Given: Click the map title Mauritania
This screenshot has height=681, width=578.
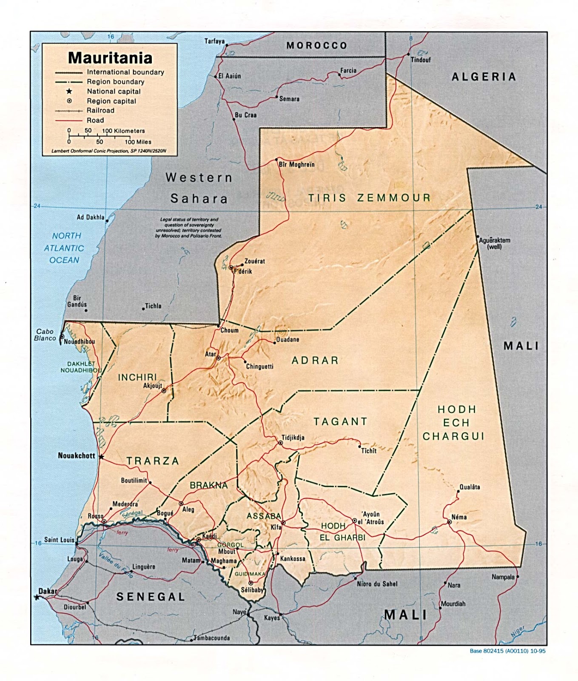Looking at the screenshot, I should point(110,58).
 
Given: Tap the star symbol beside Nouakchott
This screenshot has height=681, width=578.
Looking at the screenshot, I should point(101,457).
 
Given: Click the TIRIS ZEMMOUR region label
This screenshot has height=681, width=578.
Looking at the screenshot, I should point(369,198).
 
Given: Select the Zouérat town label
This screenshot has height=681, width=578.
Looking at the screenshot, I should point(254,261).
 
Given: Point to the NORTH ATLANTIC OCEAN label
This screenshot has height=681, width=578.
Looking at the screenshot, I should point(64,248).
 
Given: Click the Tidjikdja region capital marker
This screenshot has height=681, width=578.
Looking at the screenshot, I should point(280,443).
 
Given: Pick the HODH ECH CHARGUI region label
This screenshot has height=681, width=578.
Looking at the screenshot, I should point(453,423).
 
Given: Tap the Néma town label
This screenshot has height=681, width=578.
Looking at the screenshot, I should point(459,517).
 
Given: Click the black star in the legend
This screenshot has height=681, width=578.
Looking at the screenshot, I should point(69,91).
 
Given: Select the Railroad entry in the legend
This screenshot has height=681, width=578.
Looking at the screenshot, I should point(100,110).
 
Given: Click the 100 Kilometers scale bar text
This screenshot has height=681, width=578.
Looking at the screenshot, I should point(123,131).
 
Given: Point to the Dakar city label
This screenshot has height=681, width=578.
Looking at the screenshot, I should point(48,591).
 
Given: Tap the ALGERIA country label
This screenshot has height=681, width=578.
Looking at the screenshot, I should point(484,77).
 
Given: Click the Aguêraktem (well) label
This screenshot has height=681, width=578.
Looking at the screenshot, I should point(494,243).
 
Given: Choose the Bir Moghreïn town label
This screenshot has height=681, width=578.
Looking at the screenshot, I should point(296,164).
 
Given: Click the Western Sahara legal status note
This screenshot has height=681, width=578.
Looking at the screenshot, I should point(188,228).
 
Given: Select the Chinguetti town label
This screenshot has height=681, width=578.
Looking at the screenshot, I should point(259,366).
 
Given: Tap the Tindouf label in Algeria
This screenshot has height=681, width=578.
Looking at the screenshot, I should point(420,60).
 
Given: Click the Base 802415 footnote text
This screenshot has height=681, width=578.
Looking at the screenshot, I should point(507,651).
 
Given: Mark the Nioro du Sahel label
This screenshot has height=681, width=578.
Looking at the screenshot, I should point(377,584).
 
